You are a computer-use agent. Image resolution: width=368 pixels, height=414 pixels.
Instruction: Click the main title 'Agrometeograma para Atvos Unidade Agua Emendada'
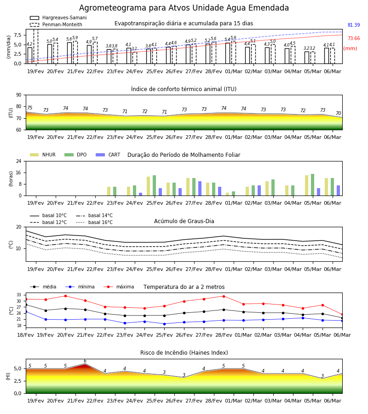184,8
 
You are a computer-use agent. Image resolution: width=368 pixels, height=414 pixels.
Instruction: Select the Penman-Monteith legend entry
56,24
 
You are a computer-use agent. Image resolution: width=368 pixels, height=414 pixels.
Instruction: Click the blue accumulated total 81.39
354,25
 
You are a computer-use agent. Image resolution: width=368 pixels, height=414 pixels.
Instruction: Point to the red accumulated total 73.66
354,38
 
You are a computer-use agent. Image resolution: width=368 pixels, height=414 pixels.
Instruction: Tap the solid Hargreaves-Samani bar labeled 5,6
69,53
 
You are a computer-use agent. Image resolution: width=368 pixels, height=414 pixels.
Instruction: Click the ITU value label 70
338,113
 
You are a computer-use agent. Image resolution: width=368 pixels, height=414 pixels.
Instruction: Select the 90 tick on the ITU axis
19,95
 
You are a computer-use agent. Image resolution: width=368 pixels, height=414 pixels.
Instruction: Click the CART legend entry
108,155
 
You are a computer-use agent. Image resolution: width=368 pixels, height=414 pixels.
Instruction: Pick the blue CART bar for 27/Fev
200,189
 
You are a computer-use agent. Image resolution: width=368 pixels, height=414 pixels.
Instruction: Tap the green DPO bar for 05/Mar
312,185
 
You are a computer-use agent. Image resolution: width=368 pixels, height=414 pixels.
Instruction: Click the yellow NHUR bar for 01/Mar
228,194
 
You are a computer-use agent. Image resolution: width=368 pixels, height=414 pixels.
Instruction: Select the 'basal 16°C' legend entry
94,222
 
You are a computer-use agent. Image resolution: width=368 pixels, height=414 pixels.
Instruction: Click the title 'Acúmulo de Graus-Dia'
184,221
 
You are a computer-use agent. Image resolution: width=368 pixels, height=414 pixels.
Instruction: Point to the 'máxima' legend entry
119,287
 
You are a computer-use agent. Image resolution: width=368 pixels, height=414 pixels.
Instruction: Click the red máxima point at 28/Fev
224,296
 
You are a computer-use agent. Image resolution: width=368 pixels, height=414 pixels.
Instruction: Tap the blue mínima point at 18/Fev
26,312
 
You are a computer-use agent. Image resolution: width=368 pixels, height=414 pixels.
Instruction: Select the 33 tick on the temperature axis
19,295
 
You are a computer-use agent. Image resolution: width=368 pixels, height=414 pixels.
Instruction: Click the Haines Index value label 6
85,361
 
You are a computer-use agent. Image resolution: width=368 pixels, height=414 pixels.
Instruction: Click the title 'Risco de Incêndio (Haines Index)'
184,353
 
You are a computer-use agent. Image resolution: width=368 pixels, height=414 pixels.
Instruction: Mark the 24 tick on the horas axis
19,161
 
